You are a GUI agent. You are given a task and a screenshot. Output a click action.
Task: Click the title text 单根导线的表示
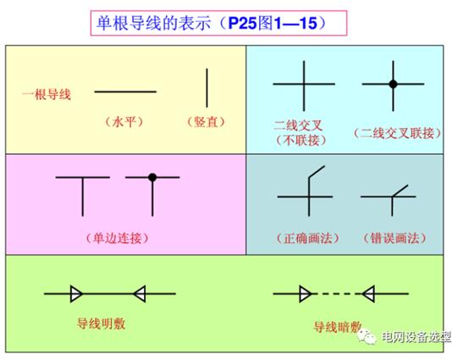(x=153, y=23)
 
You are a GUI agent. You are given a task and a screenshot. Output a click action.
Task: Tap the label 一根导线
(x=47, y=94)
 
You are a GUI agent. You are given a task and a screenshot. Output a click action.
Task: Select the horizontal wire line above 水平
(x=125, y=91)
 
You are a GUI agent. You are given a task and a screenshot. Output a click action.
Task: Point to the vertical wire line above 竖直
(x=207, y=88)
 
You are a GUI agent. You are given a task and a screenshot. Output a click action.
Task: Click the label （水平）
(x=124, y=122)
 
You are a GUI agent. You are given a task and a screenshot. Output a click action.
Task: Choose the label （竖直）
(x=206, y=122)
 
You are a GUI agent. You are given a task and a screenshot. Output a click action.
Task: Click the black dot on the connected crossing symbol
(x=394, y=84)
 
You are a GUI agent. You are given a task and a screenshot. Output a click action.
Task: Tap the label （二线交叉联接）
(x=397, y=133)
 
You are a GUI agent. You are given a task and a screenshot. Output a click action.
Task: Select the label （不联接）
(x=300, y=141)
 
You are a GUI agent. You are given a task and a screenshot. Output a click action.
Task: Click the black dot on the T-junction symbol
(x=152, y=177)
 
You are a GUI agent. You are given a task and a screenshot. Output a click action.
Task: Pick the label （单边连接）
(x=117, y=238)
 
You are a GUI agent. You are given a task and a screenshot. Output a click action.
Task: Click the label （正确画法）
(x=308, y=238)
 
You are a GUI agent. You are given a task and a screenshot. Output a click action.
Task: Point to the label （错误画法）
(x=394, y=238)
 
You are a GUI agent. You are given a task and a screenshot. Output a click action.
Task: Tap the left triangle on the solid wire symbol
(x=76, y=294)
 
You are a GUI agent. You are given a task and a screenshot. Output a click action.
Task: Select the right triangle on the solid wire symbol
(x=140, y=294)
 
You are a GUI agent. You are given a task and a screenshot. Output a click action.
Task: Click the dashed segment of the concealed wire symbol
(x=336, y=294)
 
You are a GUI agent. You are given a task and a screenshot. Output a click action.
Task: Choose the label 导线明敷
(x=102, y=324)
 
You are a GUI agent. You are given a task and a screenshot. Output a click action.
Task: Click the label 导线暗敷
(x=337, y=328)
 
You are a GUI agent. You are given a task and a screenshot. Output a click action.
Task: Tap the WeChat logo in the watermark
(x=367, y=336)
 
